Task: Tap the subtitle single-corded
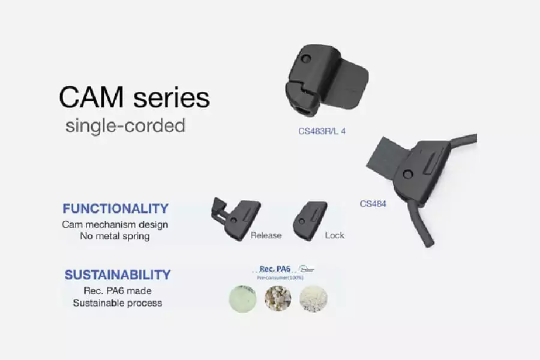(125, 126)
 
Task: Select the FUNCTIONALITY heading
(115, 209)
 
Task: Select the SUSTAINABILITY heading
(118, 275)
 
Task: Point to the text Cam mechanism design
(115, 224)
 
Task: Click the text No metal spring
(115, 236)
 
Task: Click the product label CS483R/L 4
(322, 130)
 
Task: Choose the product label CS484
(373, 203)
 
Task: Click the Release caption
(266, 235)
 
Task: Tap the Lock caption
(334, 235)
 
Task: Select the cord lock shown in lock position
(310, 220)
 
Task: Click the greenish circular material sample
(243, 298)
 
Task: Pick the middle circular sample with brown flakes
(278, 298)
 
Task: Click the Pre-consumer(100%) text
(280, 278)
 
